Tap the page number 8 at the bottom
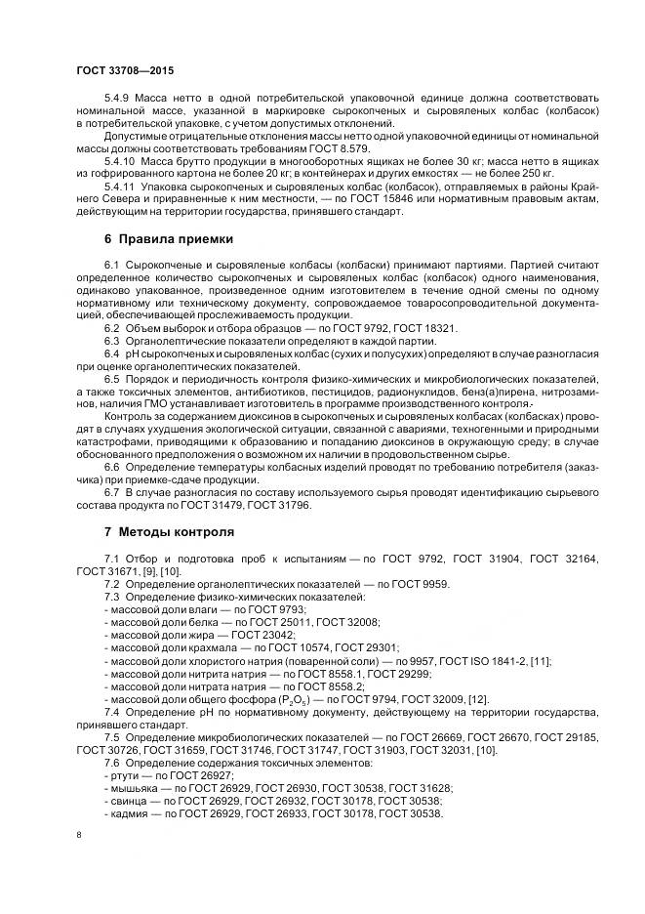coord(78,836)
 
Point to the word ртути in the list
coord(124,762)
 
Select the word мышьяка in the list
coord(134,774)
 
